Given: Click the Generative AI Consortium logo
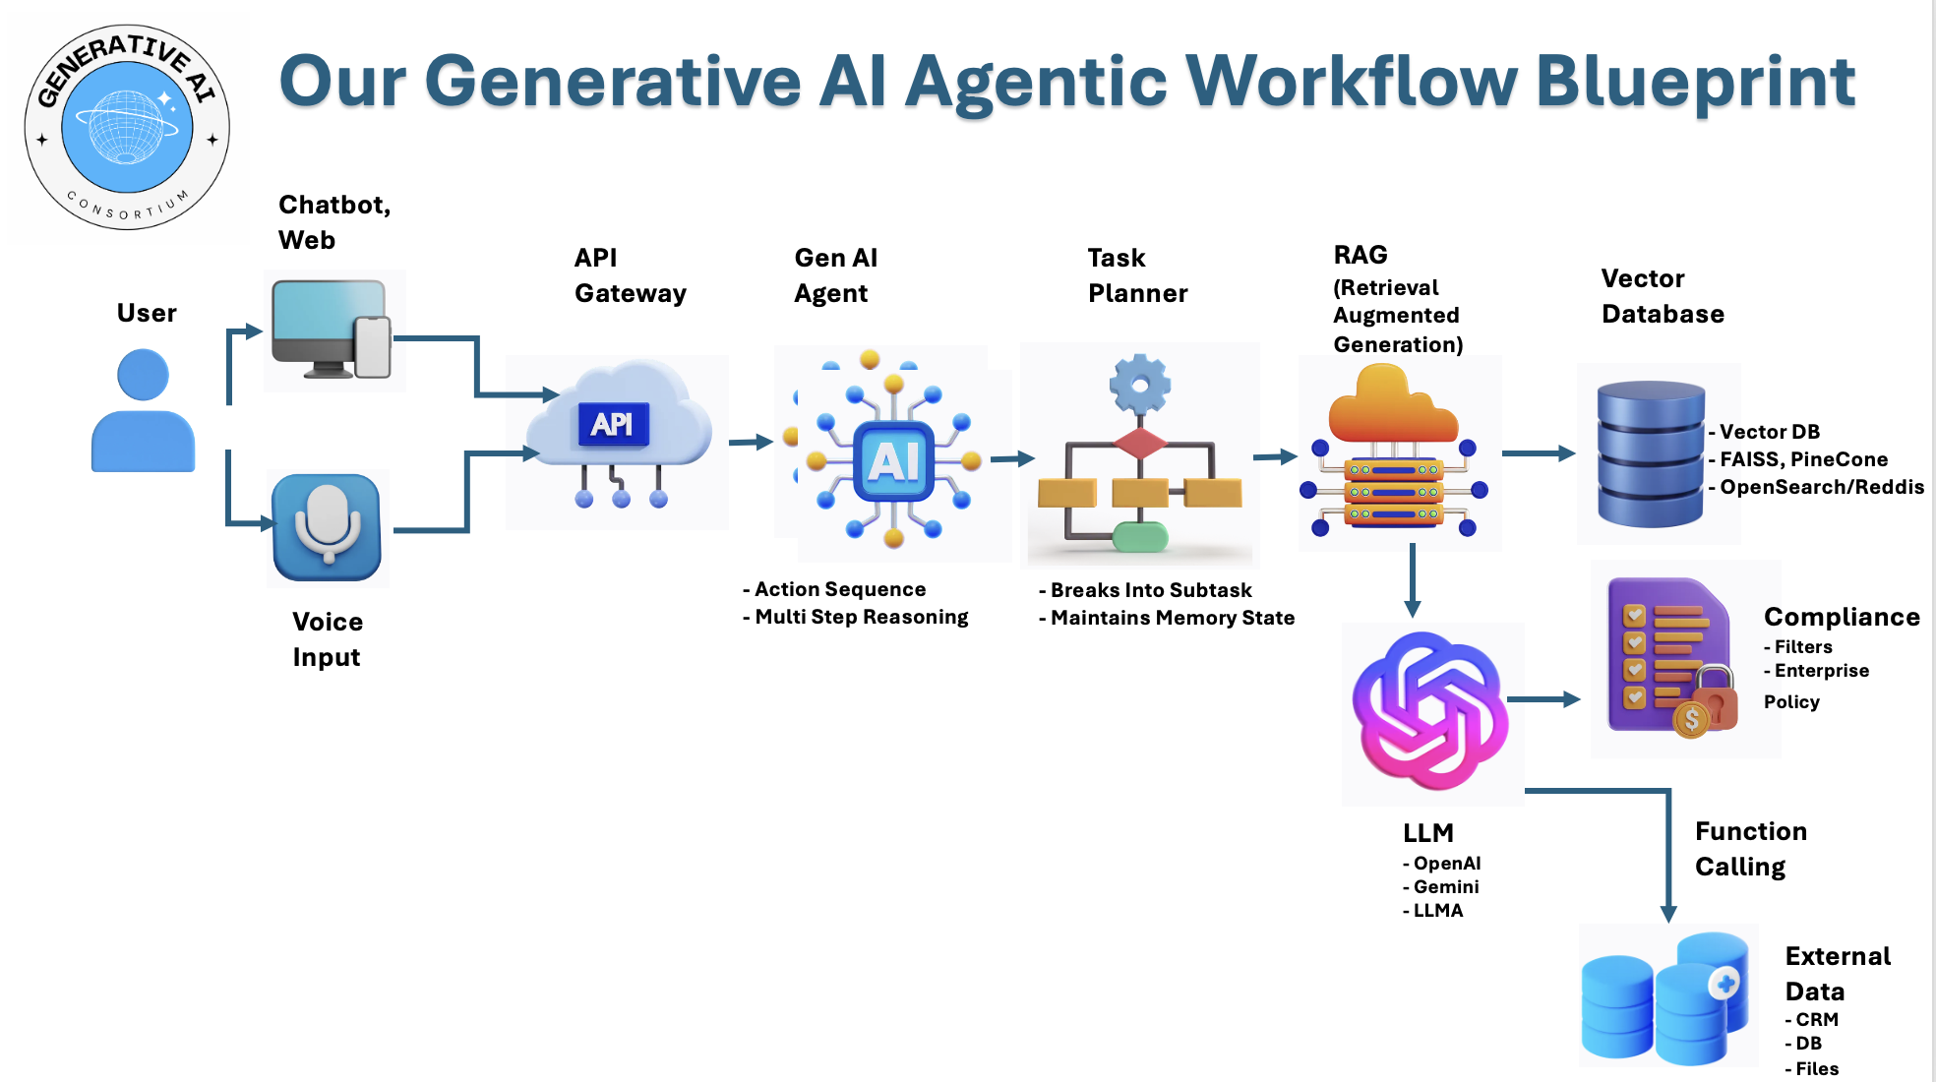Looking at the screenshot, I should point(127,127).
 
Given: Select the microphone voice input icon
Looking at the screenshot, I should point(327,526).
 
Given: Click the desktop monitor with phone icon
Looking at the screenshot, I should point(332,330).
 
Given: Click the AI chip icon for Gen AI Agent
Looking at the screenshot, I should point(893,460).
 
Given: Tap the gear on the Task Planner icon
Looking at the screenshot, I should point(1139,384).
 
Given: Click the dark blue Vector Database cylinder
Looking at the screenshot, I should point(1650,453).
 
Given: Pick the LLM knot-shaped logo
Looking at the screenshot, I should point(1430,710).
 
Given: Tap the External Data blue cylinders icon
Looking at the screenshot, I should point(1665,998).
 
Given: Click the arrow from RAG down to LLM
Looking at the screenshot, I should point(1412,580).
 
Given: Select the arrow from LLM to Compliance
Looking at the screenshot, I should point(1543,699).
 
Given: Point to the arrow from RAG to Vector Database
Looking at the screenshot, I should point(1539,453).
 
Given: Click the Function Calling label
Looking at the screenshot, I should point(1750,849).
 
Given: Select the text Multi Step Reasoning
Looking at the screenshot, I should point(861,617).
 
